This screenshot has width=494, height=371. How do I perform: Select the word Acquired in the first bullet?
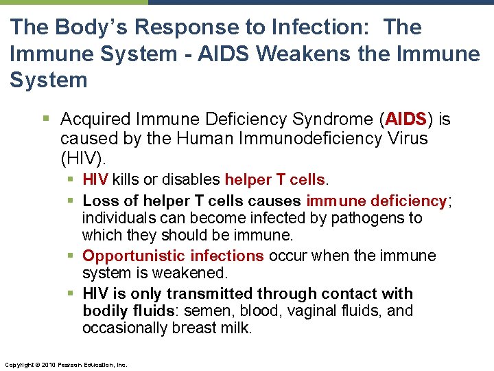pos(94,120)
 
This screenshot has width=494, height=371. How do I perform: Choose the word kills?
pos(126,180)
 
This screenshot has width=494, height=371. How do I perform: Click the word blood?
pos(258,311)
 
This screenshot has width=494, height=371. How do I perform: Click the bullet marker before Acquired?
pos(46,120)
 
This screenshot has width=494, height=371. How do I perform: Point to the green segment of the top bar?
pos(73,2)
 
